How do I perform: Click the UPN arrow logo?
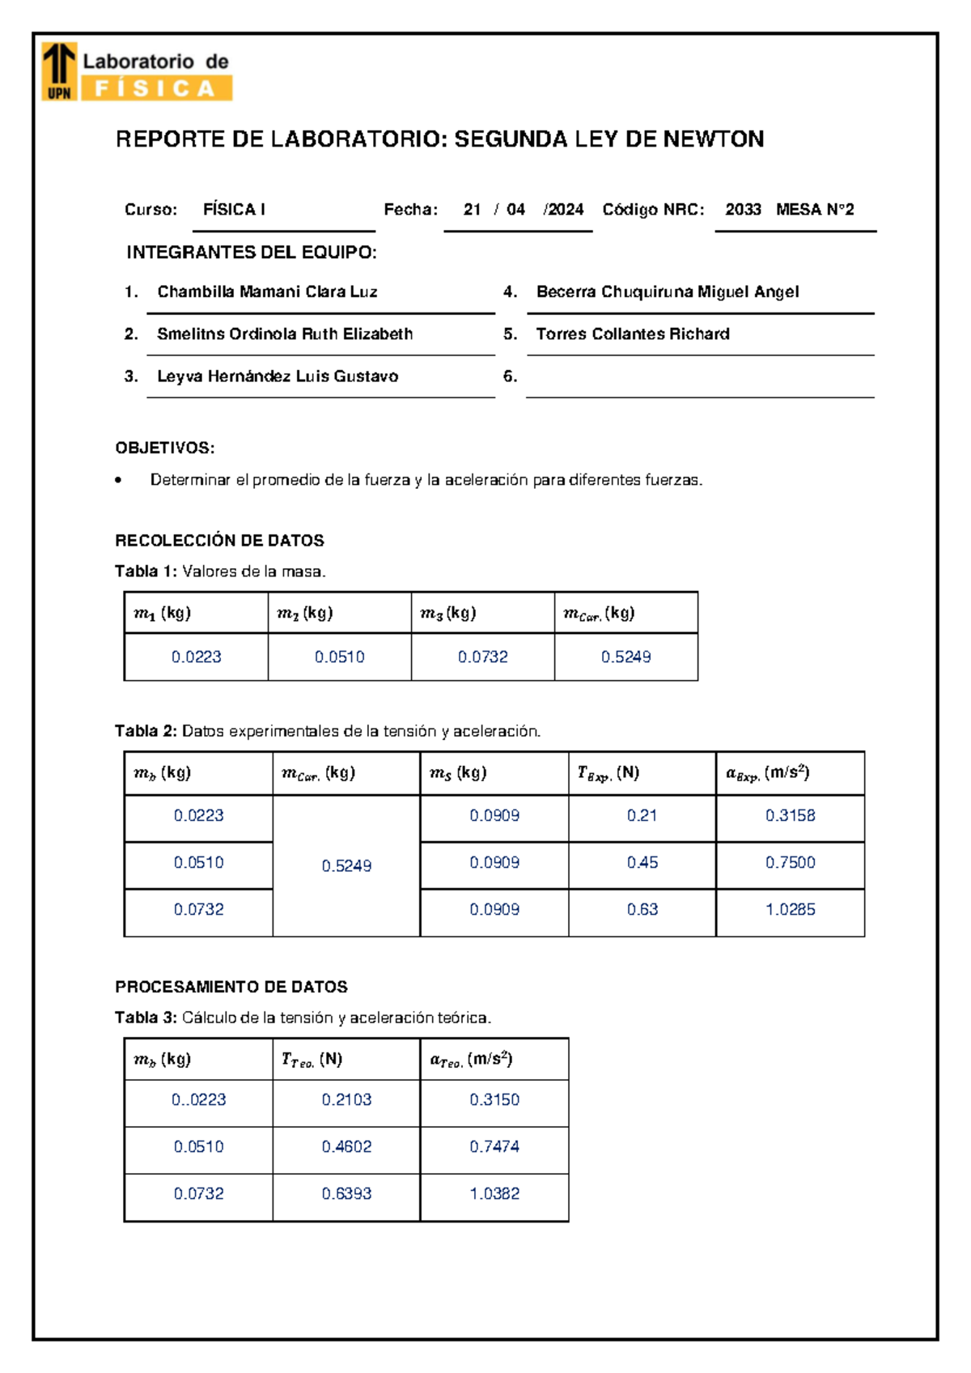point(59,71)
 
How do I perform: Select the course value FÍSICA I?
point(234,210)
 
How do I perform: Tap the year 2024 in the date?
point(564,210)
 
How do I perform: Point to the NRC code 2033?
point(743,210)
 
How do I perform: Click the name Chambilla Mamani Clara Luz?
point(267,291)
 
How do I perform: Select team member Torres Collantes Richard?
point(632,334)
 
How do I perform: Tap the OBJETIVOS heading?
point(165,448)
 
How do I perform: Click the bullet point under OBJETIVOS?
point(119,480)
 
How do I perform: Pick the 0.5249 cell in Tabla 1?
point(625,657)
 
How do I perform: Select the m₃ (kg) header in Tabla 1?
point(447,613)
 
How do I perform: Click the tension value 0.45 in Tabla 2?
point(642,862)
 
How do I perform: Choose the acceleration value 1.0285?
point(790,909)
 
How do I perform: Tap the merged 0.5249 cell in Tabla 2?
point(346,865)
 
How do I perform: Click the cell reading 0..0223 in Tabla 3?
point(198,1099)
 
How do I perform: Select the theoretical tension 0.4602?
point(346,1146)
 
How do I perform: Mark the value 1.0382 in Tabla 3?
point(494,1193)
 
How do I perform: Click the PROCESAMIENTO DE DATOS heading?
point(231,987)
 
